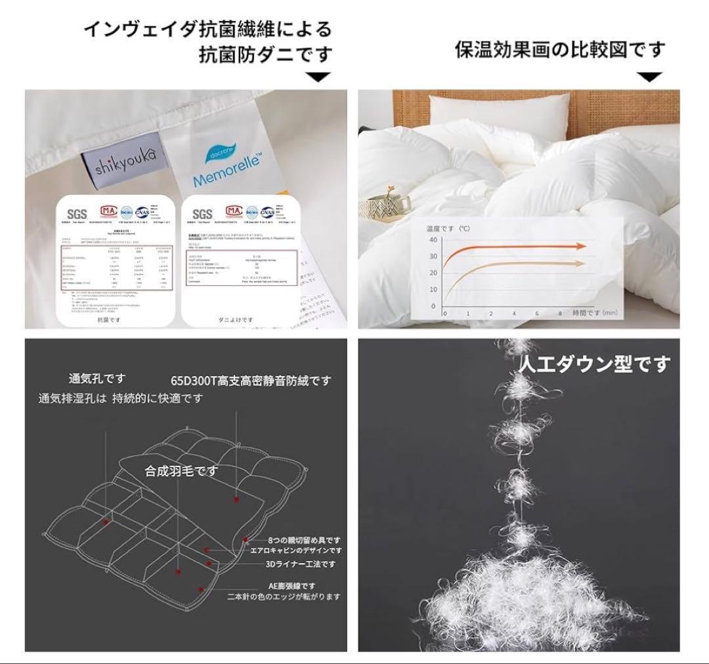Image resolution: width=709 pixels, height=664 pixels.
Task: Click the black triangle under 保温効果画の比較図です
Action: point(650,77)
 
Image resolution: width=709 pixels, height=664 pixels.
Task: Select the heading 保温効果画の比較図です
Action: point(561,49)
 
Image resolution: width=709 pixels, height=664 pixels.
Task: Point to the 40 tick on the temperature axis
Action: point(433,239)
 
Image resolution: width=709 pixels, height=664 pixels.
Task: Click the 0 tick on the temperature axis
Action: point(433,306)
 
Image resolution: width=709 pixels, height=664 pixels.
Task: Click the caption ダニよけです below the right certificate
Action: point(234,320)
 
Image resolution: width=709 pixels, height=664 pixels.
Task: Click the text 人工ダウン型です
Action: point(595,363)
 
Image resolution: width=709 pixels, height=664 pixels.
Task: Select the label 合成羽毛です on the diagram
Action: point(181,470)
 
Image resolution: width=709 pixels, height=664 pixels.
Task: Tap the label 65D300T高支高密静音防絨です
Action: point(251,381)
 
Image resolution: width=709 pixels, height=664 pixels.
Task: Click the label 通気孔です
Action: point(97,379)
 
